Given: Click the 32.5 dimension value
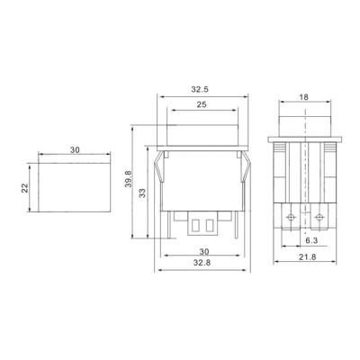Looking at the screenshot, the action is point(200,89).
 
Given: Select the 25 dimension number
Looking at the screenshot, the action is point(202,104).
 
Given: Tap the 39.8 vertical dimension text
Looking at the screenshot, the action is point(129,179).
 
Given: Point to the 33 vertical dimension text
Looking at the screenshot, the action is point(143,193).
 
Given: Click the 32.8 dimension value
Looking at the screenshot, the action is point(202,263).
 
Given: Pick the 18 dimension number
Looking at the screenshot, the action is point(303,97).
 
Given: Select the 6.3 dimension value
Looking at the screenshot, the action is point(311,240).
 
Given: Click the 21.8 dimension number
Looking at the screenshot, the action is point(308,257).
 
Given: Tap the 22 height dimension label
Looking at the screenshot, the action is point(25,188).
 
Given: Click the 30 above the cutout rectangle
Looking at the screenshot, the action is point(75,149).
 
